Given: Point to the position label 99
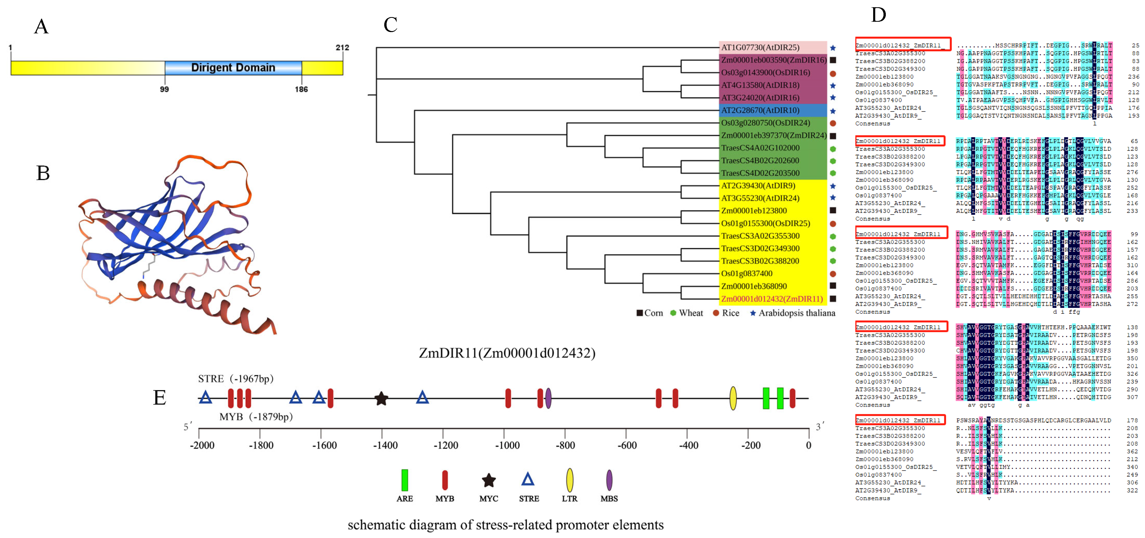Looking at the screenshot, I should pos(164,89).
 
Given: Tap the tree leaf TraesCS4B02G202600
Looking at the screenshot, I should pos(760,161).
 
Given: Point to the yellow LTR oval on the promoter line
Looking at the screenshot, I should pos(733,398).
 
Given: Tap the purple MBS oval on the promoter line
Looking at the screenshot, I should pos(549,398).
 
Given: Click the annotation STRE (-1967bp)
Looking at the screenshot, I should pos(236,379).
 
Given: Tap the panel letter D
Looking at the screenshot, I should pos(878,15).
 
